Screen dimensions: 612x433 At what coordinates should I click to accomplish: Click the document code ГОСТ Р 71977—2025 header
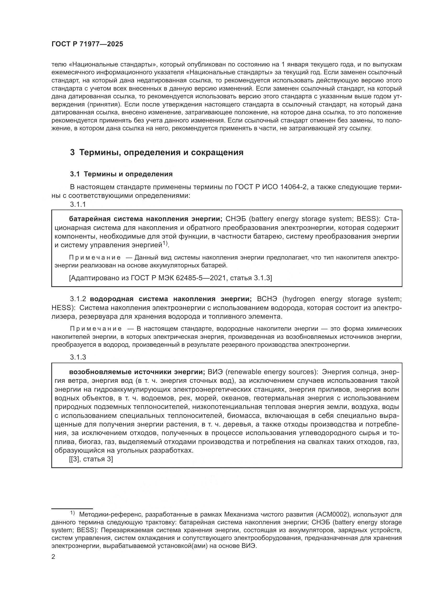click(87, 44)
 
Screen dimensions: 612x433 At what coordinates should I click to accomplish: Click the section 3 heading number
click(72, 153)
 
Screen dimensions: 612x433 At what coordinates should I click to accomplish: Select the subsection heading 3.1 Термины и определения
click(121, 174)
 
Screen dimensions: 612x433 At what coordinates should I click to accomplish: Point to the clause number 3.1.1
click(78, 204)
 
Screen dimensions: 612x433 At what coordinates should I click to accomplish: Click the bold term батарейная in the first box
click(90, 219)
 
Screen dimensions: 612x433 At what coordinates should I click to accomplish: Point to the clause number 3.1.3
click(78, 357)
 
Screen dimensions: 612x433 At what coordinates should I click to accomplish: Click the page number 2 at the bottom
click(53, 557)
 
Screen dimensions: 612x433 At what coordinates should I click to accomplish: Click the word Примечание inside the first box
click(95, 257)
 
